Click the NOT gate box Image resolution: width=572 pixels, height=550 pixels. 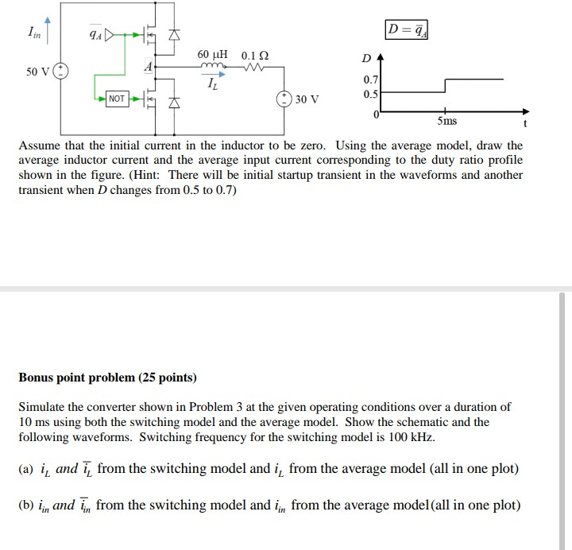117,99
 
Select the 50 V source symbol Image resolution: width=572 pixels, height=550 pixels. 61,71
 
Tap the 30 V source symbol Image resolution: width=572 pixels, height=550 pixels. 284,99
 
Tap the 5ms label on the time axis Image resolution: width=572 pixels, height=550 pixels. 446,121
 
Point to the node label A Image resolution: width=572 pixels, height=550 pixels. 149,68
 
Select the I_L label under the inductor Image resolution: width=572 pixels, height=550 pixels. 211,83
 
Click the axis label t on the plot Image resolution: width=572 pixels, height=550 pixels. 524,124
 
